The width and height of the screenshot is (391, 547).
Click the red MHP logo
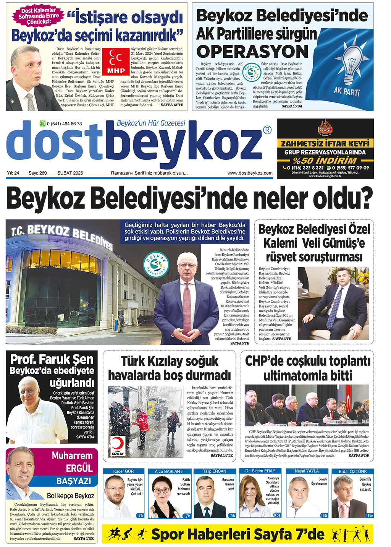pos(116,62)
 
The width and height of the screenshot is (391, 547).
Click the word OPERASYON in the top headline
pos(252,52)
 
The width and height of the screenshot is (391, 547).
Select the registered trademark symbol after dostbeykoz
pos(268,130)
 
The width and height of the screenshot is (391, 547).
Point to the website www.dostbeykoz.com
pos(250,173)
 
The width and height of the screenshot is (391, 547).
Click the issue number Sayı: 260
pos(37,173)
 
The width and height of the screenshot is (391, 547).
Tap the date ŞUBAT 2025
pos(70,173)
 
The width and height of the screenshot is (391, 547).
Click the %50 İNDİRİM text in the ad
pos(325,161)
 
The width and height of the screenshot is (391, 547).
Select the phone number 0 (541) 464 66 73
pos(64,124)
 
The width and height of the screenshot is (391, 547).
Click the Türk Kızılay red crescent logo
pos(118,445)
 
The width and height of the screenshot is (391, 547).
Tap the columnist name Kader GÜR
pos(123,471)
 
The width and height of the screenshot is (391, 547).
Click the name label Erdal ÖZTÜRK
pos(352,471)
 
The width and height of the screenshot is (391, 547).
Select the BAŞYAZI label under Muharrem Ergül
pos(74,481)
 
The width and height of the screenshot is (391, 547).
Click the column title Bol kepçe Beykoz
pos(70,496)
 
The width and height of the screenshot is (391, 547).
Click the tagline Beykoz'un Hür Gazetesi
pos(151,123)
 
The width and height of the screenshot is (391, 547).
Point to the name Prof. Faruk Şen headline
pos(52,359)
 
